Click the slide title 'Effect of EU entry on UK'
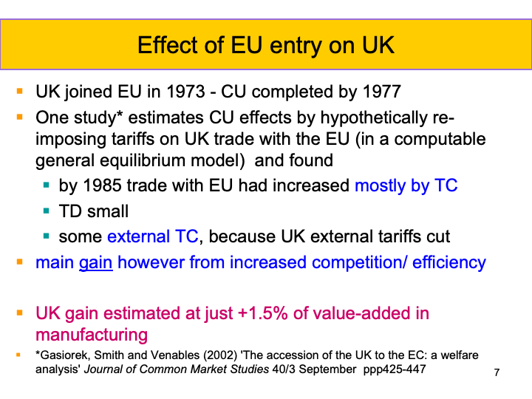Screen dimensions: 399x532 pyautogui.click(x=266, y=45)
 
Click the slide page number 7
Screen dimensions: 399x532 pyautogui.click(x=497, y=372)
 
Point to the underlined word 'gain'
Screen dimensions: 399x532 pyautogui.click(x=96, y=262)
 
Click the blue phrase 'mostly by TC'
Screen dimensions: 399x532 pyautogui.click(x=406, y=185)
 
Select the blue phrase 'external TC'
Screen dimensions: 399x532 pyautogui.click(x=152, y=236)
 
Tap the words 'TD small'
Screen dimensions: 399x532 pyautogui.click(x=94, y=211)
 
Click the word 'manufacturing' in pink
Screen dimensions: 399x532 pyautogui.click(x=92, y=335)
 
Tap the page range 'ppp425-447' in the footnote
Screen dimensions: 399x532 pyautogui.click(x=396, y=369)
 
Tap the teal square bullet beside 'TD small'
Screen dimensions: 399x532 pyautogui.click(x=47, y=211)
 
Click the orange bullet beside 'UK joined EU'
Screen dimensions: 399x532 pyautogui.click(x=19, y=92)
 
